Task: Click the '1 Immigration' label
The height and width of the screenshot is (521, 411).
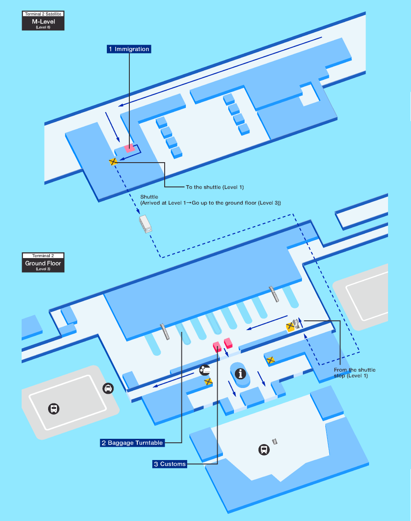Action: click(129, 49)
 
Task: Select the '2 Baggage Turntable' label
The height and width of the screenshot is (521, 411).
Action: click(132, 442)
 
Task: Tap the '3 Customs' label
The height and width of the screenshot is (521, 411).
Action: click(169, 464)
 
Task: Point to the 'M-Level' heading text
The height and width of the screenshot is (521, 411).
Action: click(43, 21)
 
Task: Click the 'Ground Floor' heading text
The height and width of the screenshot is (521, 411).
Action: click(43, 263)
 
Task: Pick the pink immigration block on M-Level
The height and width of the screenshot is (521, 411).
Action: click(129, 148)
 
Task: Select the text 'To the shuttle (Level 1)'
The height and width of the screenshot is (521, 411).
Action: click(215, 187)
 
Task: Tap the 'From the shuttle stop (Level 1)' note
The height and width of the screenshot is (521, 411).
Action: click(354, 373)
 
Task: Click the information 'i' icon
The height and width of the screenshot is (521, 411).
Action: click(241, 374)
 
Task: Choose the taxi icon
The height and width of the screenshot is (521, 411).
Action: click(108, 388)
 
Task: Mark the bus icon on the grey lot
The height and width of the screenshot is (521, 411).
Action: click(54, 409)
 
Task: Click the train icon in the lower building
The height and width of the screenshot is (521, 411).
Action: click(264, 450)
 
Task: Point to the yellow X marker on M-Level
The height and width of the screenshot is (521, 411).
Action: click(113, 162)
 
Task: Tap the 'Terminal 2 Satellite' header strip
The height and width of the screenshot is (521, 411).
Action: click(43, 14)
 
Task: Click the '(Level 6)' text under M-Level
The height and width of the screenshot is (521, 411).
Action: click(43, 27)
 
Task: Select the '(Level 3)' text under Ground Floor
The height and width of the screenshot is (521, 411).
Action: click(43, 269)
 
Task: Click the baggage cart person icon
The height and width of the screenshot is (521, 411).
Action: click(204, 370)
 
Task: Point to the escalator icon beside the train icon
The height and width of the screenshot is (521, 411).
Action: click(275, 441)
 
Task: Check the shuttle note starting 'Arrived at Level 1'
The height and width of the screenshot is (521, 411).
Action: click(211, 202)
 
